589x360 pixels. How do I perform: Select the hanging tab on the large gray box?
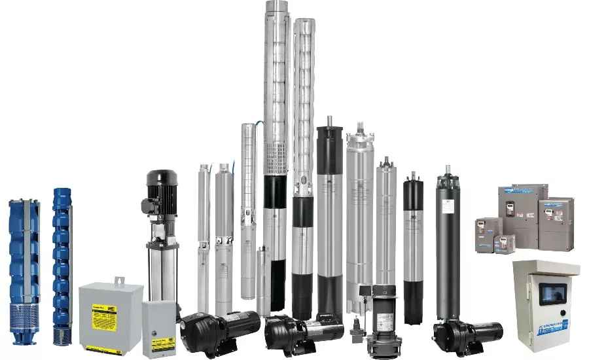point(120,281)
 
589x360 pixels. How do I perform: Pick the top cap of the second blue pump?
point(62,194)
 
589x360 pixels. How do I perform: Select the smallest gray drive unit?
point(504,243)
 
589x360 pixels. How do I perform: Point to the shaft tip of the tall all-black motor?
point(448,169)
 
